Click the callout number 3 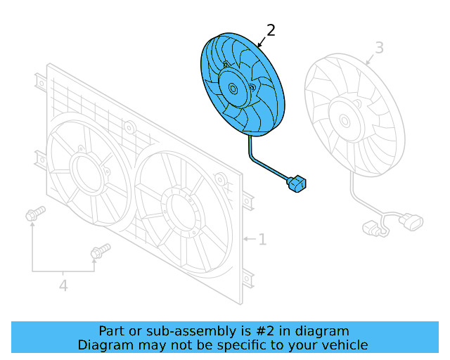pos(379,48)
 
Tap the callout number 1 pos(262,240)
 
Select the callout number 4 pos(63,285)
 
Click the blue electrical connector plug pos(296,184)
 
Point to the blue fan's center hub pos(233,89)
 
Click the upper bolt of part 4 pos(34,214)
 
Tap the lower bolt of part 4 pos(99,251)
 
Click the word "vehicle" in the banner pos(344,345)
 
